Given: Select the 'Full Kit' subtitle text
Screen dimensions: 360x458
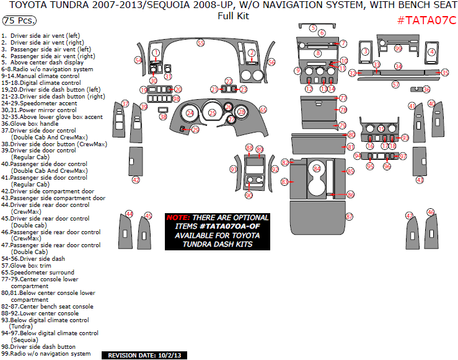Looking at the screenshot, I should coord(233,15).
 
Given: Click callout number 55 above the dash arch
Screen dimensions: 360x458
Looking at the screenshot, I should coord(201,43).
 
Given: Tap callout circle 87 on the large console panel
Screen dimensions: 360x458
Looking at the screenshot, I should coord(350,217).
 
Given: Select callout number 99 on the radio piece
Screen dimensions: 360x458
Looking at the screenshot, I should coord(398,48).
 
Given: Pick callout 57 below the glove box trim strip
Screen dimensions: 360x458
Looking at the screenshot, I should coord(395,84).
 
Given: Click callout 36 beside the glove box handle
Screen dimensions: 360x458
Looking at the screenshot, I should coord(426,89).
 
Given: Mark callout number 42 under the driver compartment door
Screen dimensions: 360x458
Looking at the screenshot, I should coord(136,180).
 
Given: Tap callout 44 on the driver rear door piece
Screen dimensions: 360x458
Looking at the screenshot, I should coord(130,214).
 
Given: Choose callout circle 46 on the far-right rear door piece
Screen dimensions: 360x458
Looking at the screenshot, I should coord(431,213).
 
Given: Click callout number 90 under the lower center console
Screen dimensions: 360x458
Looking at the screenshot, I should coord(249,195).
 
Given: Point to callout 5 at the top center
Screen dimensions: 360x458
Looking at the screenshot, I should coord(314,29).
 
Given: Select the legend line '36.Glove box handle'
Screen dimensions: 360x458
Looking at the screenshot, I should coord(31,123).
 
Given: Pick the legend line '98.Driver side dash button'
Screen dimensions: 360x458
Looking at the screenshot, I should coord(38,347).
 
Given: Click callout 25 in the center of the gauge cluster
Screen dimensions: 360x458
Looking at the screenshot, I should coord(213,113).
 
